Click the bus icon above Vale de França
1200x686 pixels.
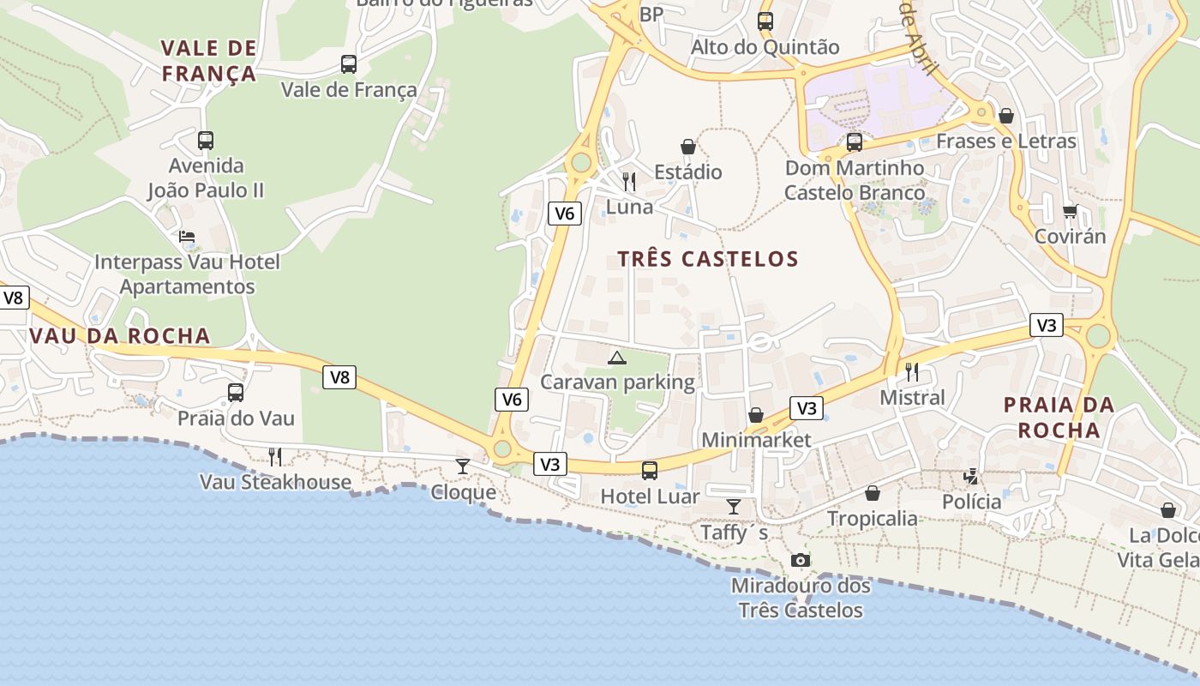(349, 63)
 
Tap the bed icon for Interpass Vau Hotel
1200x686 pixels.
(187, 237)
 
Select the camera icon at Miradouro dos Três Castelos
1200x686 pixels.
(801, 560)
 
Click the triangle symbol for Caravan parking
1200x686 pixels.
(616, 358)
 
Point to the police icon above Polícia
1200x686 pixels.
(971, 476)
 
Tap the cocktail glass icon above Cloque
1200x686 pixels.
(463, 466)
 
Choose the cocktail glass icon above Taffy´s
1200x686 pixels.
(734, 506)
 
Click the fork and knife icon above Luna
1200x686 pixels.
(629, 181)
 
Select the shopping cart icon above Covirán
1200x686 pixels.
(1070, 211)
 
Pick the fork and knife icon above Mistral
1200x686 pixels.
(912, 371)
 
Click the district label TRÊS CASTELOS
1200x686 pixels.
(708, 259)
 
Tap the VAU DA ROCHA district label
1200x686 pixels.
(120, 336)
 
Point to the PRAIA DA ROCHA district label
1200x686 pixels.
(1059, 417)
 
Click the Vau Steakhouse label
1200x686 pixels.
(275, 482)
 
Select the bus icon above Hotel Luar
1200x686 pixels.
(650, 470)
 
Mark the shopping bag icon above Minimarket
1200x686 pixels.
(756, 415)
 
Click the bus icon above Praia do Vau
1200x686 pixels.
(236, 393)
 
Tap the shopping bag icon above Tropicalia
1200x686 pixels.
(873, 493)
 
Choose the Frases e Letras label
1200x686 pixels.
(1005, 141)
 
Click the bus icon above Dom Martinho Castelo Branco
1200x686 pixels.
(855, 142)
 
